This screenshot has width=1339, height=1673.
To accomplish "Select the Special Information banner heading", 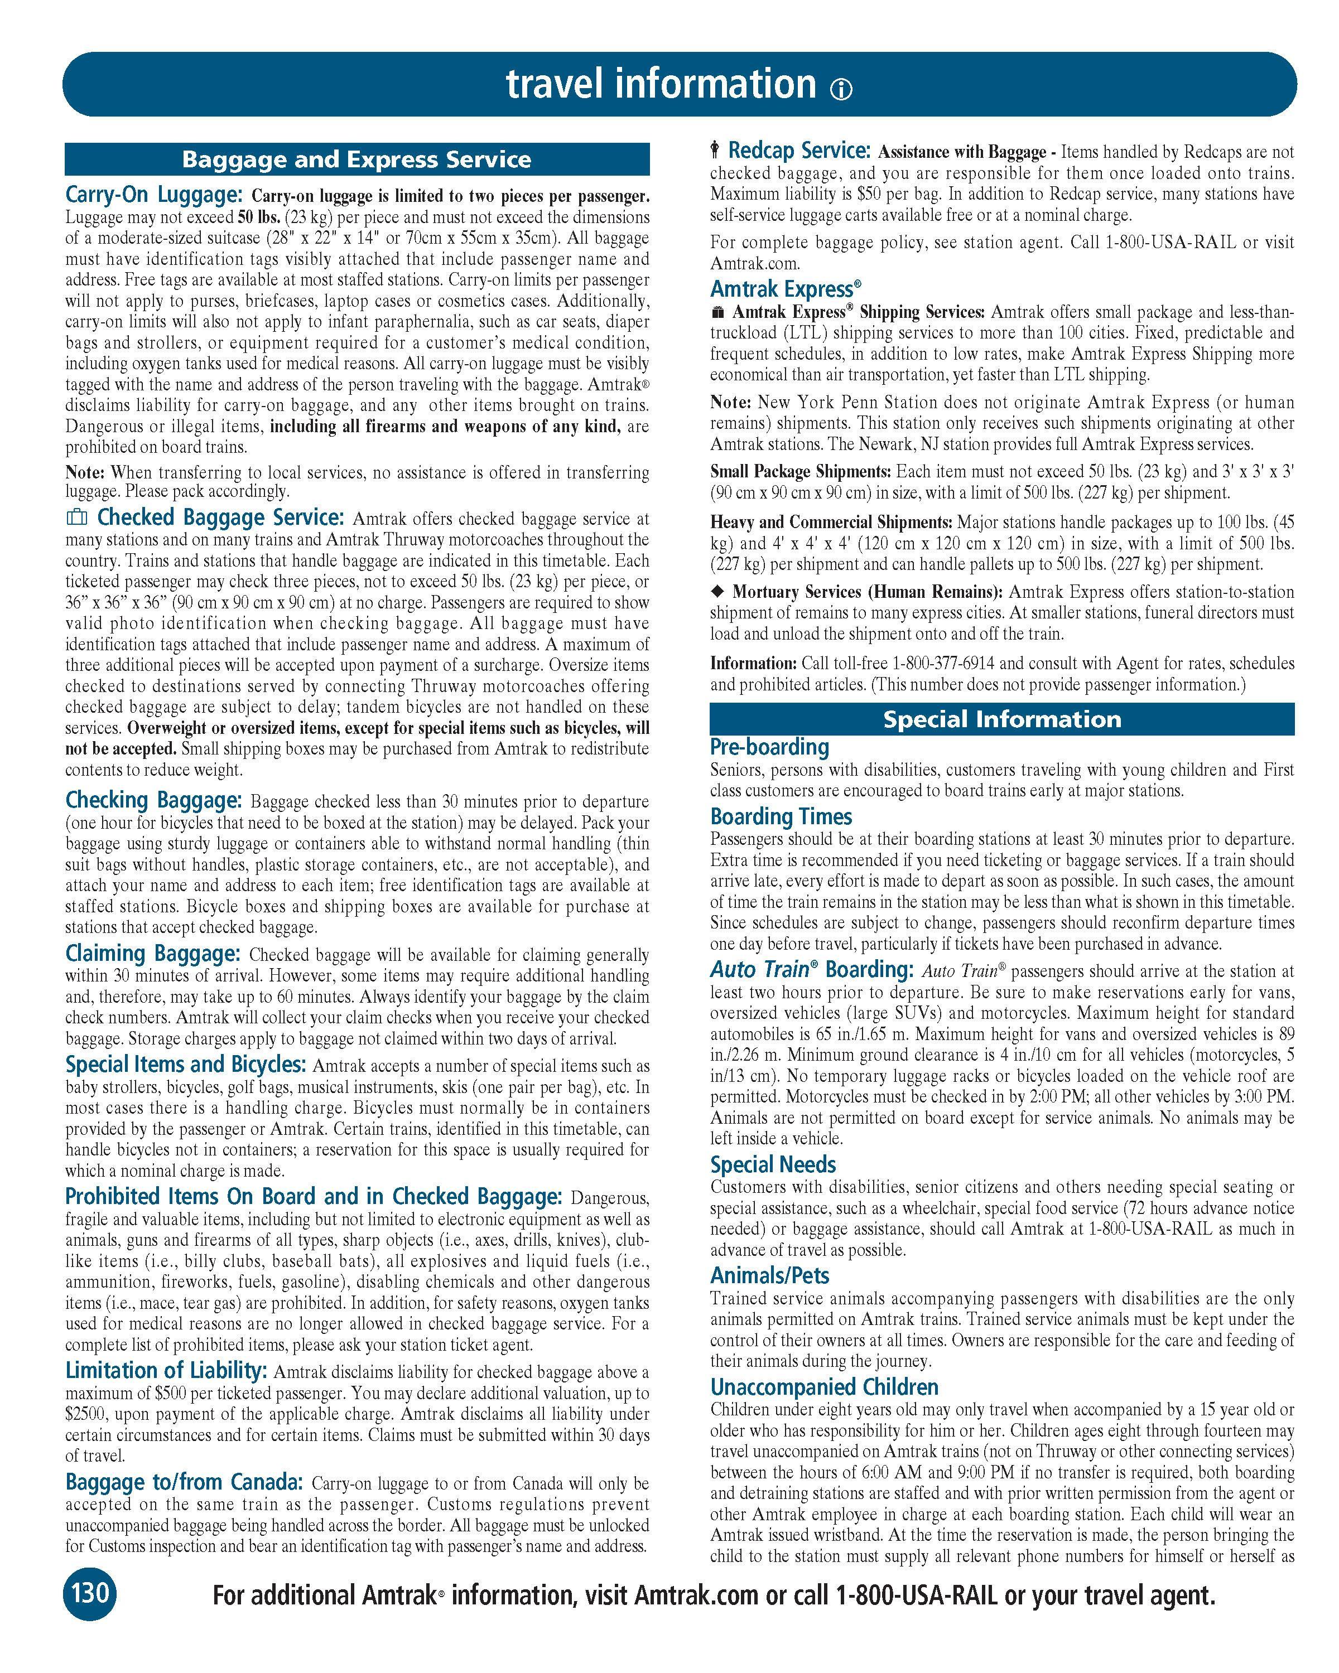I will (x=1001, y=719).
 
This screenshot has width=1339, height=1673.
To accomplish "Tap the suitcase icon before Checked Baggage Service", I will (x=76, y=517).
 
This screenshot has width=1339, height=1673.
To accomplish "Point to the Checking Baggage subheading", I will (x=153, y=800).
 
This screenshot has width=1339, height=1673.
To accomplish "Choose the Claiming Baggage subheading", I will (x=153, y=953).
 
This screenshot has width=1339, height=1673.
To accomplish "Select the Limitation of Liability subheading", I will (x=167, y=1370).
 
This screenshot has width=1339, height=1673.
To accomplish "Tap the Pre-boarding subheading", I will (x=769, y=747).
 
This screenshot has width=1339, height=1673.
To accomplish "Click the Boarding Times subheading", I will (x=781, y=816).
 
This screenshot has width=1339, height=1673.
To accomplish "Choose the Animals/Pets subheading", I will (x=769, y=1276).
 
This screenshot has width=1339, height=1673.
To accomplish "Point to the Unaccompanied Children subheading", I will (x=825, y=1387).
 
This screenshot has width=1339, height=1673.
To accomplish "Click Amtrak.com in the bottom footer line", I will (x=696, y=1595).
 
